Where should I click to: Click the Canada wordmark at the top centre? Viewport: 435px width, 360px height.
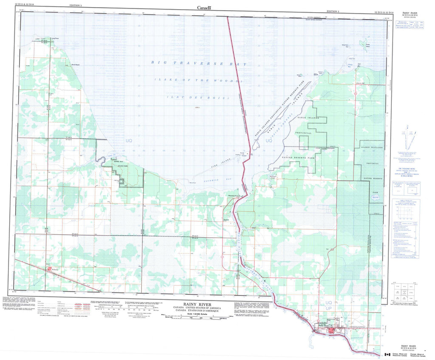click(x=204, y=7)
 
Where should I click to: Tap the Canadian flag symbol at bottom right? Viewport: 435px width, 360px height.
click(x=387, y=354)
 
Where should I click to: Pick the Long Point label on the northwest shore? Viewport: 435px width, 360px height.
click(x=54, y=39)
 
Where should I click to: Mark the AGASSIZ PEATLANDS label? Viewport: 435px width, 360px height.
click(x=371, y=147)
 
